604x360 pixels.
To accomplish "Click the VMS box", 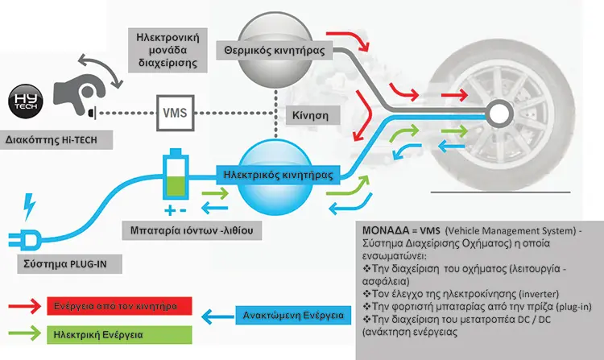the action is click(176, 113).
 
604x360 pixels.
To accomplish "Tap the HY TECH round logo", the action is click(26, 101).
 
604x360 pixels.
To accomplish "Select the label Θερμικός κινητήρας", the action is click(275, 51).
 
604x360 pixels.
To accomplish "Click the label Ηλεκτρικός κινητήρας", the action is click(278, 176).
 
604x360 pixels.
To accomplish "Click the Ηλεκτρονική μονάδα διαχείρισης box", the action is click(168, 50).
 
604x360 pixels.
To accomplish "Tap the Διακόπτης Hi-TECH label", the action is click(56, 140).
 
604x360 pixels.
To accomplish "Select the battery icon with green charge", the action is click(176, 174).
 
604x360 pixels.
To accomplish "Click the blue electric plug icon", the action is click(24, 240).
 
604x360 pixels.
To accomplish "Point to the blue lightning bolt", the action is click(29, 207).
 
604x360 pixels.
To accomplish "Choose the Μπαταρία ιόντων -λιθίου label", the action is click(192, 230).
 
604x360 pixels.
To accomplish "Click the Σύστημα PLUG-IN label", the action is click(70, 264).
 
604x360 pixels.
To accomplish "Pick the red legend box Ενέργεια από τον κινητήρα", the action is click(119, 306).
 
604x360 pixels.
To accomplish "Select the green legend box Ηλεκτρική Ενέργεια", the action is click(119, 334).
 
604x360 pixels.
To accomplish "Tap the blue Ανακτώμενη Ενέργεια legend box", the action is click(293, 316).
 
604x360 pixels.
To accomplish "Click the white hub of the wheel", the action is click(499, 114).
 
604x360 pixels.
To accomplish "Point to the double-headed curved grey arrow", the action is click(101, 69).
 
